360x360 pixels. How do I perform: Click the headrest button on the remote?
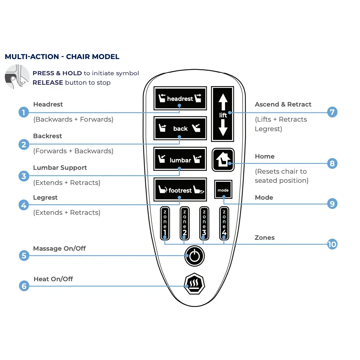(x=180, y=98)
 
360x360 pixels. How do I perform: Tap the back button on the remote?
(x=180, y=128)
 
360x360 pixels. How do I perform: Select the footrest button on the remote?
(x=180, y=190)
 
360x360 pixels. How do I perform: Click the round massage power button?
(x=194, y=256)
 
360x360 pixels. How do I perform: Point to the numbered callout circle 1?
(x=24, y=112)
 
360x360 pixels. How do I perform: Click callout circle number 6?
(x=24, y=286)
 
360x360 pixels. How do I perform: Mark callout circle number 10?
(x=332, y=244)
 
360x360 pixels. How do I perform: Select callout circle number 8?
(x=332, y=163)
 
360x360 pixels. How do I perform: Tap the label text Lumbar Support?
(x=60, y=168)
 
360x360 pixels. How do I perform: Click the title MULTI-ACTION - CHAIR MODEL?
(x=62, y=57)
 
